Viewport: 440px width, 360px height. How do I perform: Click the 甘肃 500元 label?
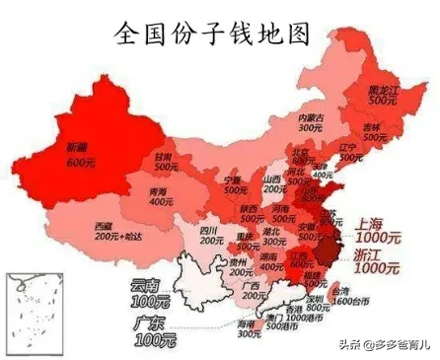pos(165,161)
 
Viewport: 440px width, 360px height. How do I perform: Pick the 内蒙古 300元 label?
pos(311,122)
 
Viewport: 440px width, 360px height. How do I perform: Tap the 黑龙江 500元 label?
pos(382,94)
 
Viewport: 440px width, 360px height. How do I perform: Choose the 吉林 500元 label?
pos(371,132)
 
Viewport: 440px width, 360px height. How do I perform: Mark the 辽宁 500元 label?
pos(347,154)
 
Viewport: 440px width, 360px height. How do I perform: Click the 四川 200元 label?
pos(210,236)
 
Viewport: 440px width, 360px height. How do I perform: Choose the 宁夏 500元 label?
pos(233,185)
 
